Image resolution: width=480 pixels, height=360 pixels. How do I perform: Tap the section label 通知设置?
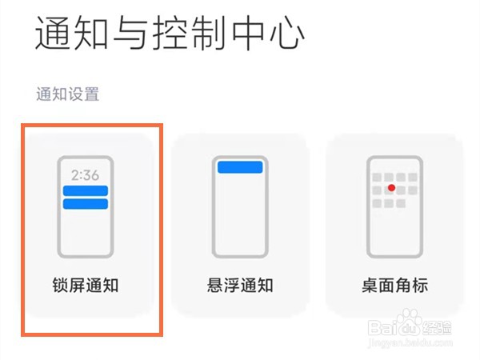67,94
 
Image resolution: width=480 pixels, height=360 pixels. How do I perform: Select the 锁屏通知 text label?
86,284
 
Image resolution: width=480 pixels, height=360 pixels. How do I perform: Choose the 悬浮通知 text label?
239,284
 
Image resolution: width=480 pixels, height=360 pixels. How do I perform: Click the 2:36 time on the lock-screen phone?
85,175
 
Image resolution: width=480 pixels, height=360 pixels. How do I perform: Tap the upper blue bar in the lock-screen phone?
85,190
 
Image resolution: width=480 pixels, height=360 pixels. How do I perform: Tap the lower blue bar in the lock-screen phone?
85,204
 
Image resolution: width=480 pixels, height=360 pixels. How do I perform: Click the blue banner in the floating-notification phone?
239,166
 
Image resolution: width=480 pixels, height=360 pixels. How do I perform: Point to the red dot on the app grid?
392,189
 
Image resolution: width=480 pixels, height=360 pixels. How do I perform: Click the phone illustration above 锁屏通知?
85,206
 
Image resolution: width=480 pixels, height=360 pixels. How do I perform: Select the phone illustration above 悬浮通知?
239,206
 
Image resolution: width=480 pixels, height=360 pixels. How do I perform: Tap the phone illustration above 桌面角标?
393,206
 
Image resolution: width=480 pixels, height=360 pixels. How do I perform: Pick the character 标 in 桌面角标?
420,284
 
